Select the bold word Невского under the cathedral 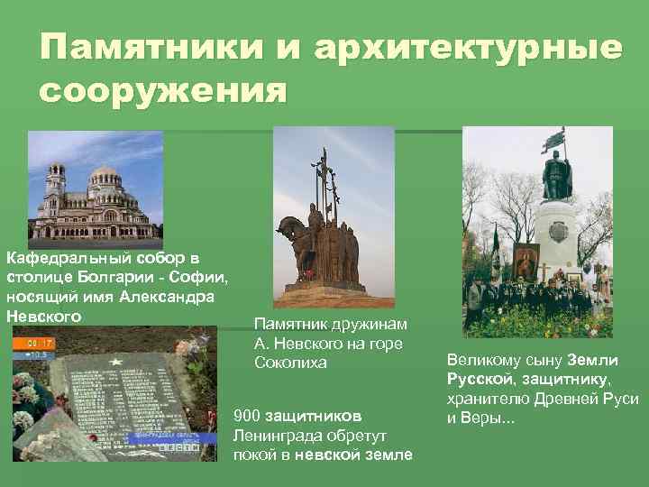tap(43, 316)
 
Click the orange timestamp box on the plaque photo tap(40, 344)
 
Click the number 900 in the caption tap(247, 416)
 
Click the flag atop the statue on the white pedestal tap(559, 140)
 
